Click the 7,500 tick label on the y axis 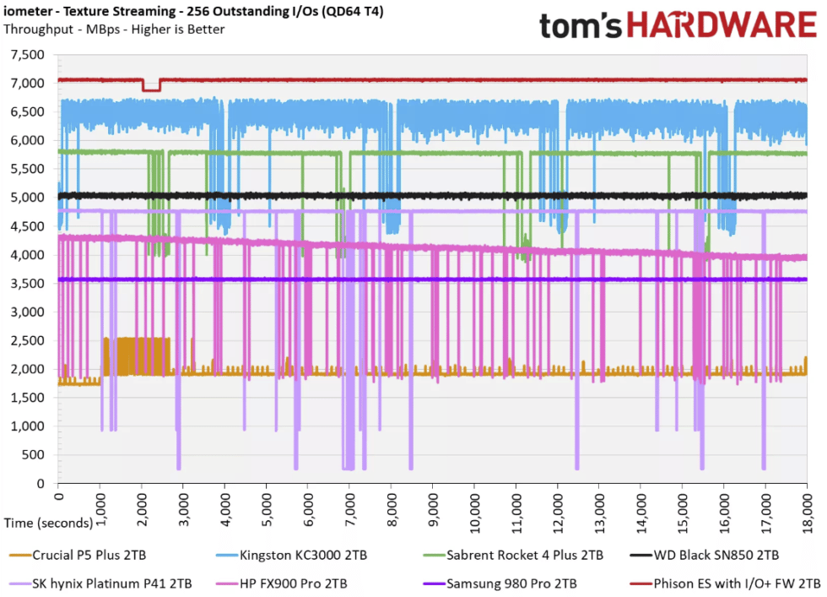pos(27,55)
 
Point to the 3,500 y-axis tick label pos(27,284)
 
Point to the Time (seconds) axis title pos(48,523)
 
